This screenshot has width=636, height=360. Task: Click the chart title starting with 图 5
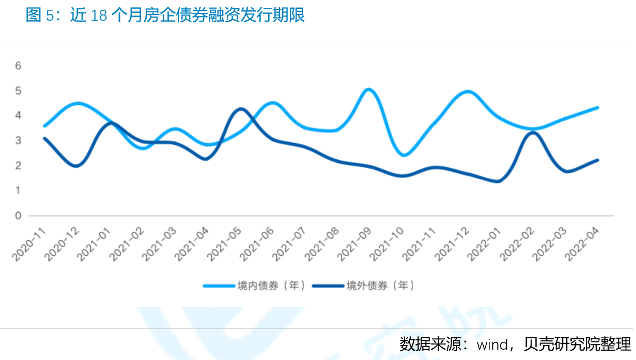[165, 15]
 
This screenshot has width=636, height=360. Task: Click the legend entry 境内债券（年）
[271, 285]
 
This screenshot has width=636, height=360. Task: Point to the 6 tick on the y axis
[18, 66]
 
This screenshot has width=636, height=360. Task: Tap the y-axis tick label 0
[18, 215]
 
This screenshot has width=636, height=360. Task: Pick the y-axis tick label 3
[18, 140]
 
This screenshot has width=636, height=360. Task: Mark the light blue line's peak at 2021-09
[368, 89]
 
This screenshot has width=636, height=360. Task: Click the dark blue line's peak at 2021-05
[240, 109]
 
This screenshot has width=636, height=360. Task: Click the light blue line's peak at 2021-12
[468, 91]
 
